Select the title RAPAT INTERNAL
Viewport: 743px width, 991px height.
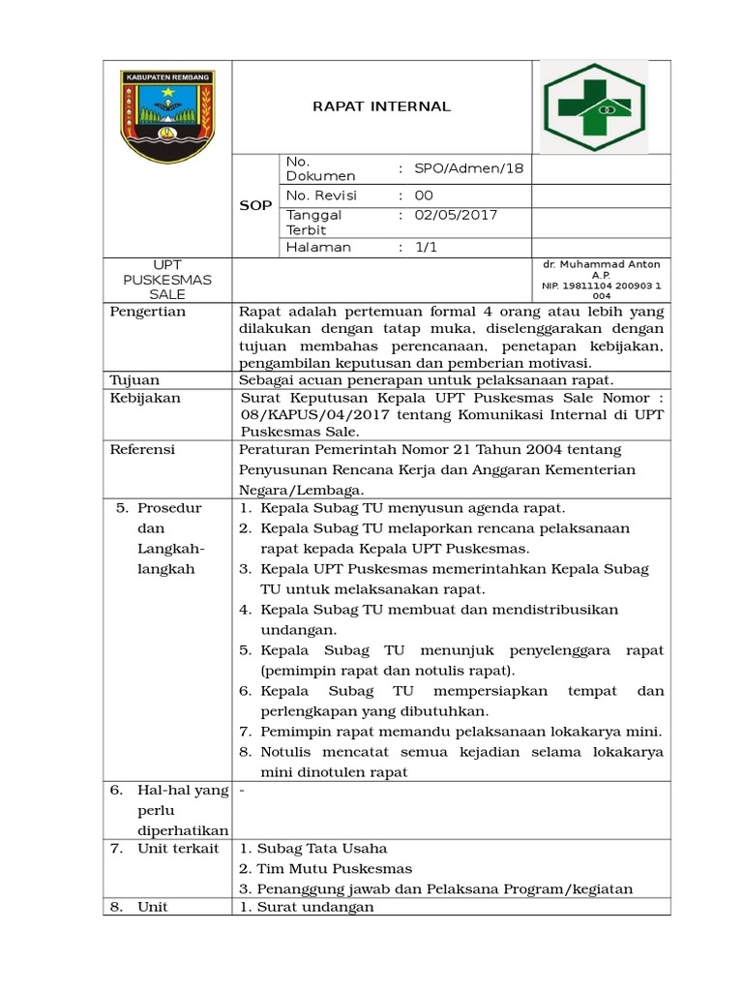(x=381, y=106)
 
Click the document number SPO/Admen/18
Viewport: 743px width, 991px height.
(x=468, y=168)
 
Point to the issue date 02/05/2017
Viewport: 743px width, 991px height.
(x=456, y=215)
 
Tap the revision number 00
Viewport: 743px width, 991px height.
(x=424, y=195)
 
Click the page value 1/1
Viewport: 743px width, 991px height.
(x=425, y=247)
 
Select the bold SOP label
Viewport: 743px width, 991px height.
(x=255, y=206)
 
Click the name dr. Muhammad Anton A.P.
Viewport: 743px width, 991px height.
(x=602, y=268)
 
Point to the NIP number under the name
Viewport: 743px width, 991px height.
(x=602, y=290)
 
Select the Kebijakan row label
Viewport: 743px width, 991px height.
(x=145, y=397)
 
